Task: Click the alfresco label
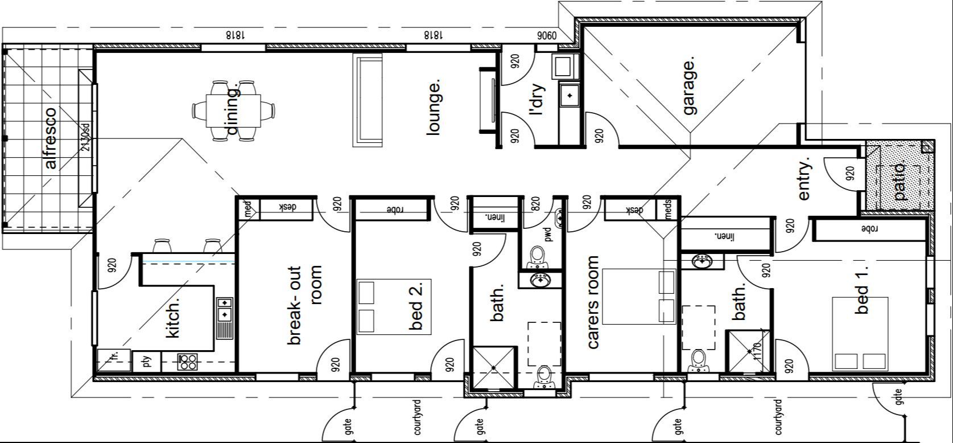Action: click(51, 138)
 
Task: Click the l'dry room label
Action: click(537, 101)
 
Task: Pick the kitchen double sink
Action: click(225, 308)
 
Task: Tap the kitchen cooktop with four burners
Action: click(188, 362)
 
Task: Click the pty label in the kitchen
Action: click(147, 362)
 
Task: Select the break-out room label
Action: click(305, 305)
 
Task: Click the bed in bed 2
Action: click(394, 306)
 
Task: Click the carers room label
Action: click(593, 302)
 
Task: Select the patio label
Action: click(899, 181)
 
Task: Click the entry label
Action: click(803, 179)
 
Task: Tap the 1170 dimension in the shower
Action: click(757, 353)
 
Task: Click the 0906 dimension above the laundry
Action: click(545, 35)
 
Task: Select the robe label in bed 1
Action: click(870, 229)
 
